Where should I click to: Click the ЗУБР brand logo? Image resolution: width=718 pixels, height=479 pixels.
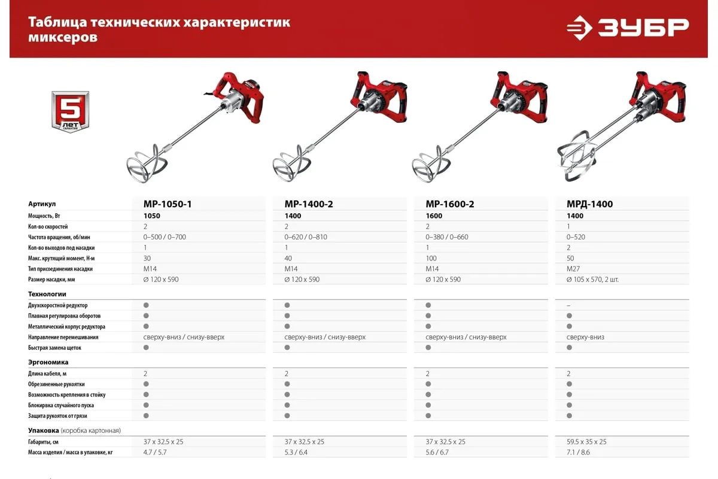tap(628, 28)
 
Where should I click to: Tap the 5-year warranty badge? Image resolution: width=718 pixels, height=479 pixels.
tap(70, 111)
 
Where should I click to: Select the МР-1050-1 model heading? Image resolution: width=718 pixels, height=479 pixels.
tap(168, 204)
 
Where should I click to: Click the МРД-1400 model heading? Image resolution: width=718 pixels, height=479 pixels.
tap(589, 204)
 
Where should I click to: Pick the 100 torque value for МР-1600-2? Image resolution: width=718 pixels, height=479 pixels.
tap(431, 258)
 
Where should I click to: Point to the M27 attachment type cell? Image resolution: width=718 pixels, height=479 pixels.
tap(573, 269)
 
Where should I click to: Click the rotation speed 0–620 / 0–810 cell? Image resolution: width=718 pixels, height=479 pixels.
tap(306, 237)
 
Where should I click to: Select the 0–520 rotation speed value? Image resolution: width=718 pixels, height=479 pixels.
tap(576, 237)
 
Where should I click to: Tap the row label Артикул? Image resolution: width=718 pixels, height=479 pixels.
tap(42, 204)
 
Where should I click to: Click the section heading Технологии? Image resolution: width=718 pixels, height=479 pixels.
tap(47, 294)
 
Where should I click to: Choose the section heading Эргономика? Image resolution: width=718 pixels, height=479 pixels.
tap(48, 362)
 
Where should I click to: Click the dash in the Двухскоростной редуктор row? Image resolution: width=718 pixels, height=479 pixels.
tap(568, 305)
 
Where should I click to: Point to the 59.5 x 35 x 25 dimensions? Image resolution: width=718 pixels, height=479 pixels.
tap(586, 442)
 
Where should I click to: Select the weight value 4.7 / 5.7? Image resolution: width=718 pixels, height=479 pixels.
tap(155, 453)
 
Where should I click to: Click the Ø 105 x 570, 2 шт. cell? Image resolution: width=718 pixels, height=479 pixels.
tap(592, 280)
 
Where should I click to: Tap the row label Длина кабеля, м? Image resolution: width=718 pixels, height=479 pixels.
tap(47, 374)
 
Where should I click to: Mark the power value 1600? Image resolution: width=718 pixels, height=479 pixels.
tap(434, 216)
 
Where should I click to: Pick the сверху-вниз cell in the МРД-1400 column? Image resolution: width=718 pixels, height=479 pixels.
tap(585, 337)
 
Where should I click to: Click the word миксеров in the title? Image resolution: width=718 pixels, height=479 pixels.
tap(63, 38)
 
